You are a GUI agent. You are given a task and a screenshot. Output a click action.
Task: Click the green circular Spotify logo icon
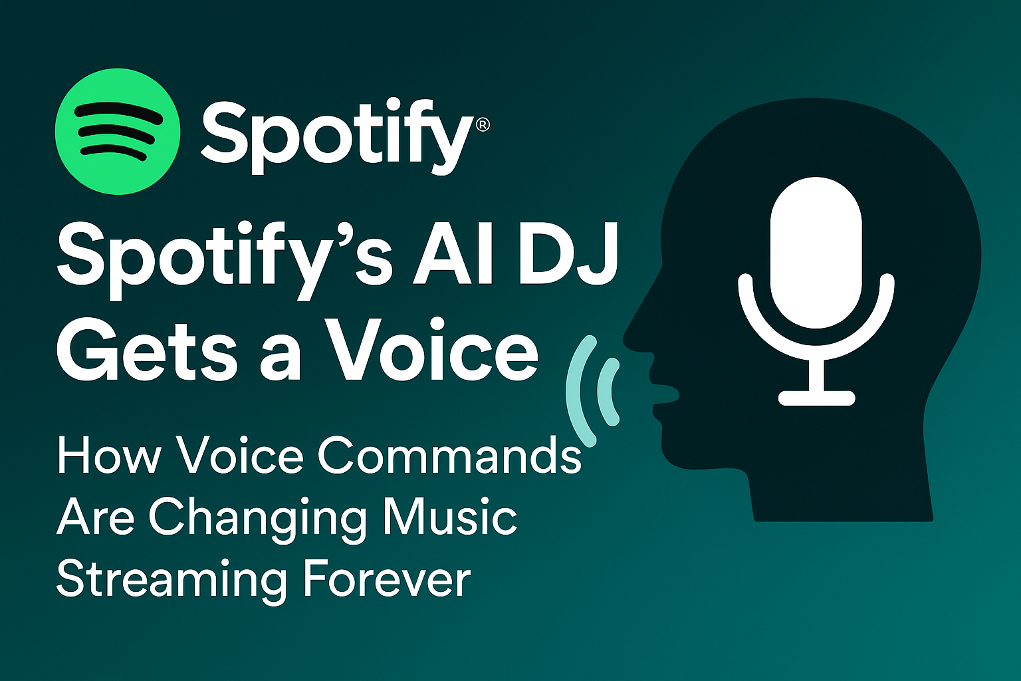[x=118, y=132]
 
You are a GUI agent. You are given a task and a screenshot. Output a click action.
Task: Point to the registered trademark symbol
[x=483, y=124]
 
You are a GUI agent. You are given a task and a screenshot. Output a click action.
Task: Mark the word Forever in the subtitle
[x=386, y=579]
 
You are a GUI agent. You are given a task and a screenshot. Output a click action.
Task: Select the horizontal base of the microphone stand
[x=816, y=398]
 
